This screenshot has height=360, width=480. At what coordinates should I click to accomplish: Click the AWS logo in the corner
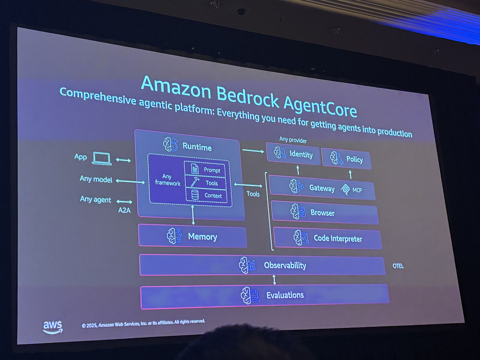point(52,327)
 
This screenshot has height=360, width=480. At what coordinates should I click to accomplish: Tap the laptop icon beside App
point(102,158)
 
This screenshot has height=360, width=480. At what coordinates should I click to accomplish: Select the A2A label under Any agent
point(124,210)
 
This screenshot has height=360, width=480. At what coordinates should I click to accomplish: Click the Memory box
point(192,236)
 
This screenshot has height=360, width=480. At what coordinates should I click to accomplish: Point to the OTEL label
point(398,266)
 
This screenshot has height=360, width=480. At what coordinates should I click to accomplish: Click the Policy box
point(346,159)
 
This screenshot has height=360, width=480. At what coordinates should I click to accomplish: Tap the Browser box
point(324,213)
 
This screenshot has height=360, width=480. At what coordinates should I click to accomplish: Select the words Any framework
point(167,180)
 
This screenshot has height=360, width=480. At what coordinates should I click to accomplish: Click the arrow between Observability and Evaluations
point(274,279)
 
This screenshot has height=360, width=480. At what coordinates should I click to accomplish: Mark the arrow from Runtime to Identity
point(253,151)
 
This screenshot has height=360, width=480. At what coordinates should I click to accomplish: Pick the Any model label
point(96,179)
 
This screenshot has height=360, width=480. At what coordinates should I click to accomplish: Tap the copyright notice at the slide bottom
point(143,323)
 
